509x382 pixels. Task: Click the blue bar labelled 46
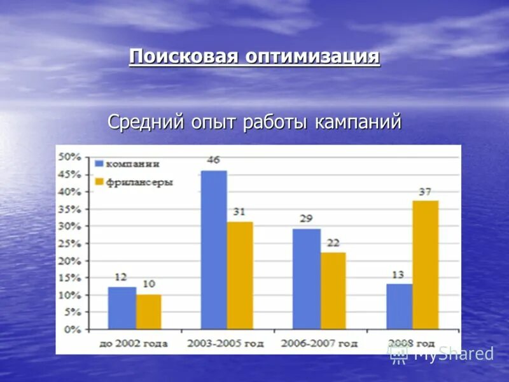[214, 250]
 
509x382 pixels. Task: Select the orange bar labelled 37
[425, 265]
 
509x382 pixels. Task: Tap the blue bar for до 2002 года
[122, 308]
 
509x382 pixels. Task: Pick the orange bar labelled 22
[333, 291]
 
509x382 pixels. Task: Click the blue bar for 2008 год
[400, 306]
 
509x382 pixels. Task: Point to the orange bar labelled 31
[240, 275]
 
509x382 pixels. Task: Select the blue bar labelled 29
[306, 279]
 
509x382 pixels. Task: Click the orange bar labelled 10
[148, 312]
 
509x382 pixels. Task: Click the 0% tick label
[71, 330]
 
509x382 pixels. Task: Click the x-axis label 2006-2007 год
[320, 343]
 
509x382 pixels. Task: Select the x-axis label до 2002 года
[134, 343]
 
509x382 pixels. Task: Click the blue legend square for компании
[98, 163]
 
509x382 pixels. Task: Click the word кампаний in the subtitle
[357, 122]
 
